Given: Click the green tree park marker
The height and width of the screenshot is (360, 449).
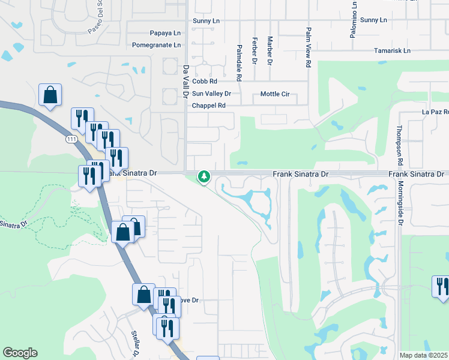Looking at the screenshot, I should [x=205, y=176].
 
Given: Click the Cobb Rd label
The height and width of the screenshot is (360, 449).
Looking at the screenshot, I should [x=204, y=81].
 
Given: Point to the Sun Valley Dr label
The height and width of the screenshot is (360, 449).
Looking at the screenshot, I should [x=211, y=94].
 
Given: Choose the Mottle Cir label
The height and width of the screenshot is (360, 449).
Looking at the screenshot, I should [x=275, y=94].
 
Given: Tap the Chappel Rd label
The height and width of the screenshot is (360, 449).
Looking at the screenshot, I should [x=208, y=106].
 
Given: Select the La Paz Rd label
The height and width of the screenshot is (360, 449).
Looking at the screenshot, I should [x=435, y=112].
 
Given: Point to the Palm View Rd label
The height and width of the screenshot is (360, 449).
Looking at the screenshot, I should [x=308, y=46].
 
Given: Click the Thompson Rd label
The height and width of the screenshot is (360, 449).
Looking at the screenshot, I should [x=399, y=146].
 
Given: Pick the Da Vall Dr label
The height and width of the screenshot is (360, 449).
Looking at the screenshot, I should [x=186, y=82].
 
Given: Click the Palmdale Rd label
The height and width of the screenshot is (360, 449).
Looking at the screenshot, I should [x=239, y=63].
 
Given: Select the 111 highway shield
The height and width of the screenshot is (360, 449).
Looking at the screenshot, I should [x=70, y=139].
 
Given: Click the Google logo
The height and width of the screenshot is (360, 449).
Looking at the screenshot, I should [x=20, y=353].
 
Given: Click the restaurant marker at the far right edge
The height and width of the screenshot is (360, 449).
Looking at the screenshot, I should [x=441, y=286].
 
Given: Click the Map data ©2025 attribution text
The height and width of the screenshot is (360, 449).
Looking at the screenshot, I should [x=423, y=355].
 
